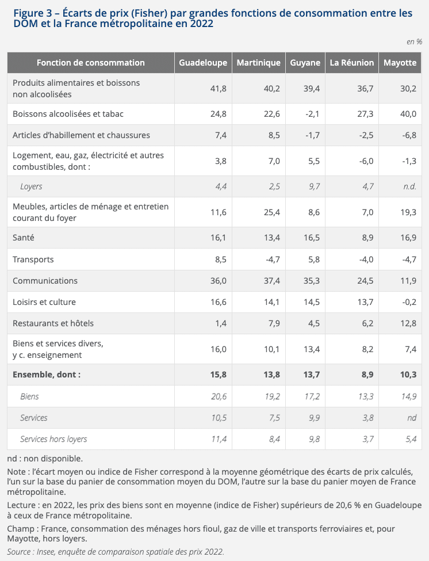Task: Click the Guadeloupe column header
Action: click(x=203, y=63)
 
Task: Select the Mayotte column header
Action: click(x=400, y=63)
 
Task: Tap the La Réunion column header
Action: click(x=352, y=63)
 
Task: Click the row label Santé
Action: click(x=24, y=238)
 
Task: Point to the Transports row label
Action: click(x=33, y=259)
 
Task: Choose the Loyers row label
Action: click(x=31, y=186)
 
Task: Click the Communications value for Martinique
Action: click(x=271, y=281)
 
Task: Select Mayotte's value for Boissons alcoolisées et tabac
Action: click(x=408, y=114)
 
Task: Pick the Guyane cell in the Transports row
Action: click(x=314, y=259)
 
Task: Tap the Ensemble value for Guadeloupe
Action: click(x=219, y=375)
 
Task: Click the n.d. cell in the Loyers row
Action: click(x=409, y=186)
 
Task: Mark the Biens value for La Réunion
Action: click(x=366, y=396)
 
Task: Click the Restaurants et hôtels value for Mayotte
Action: click(x=408, y=323)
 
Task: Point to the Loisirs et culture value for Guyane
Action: click(x=312, y=302)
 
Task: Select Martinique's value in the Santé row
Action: click(x=271, y=238)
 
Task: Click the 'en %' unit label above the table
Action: click(x=415, y=42)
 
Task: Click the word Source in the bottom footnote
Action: click(x=19, y=552)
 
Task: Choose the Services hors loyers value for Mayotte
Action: click(x=411, y=439)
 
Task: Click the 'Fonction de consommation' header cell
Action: click(x=91, y=63)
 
